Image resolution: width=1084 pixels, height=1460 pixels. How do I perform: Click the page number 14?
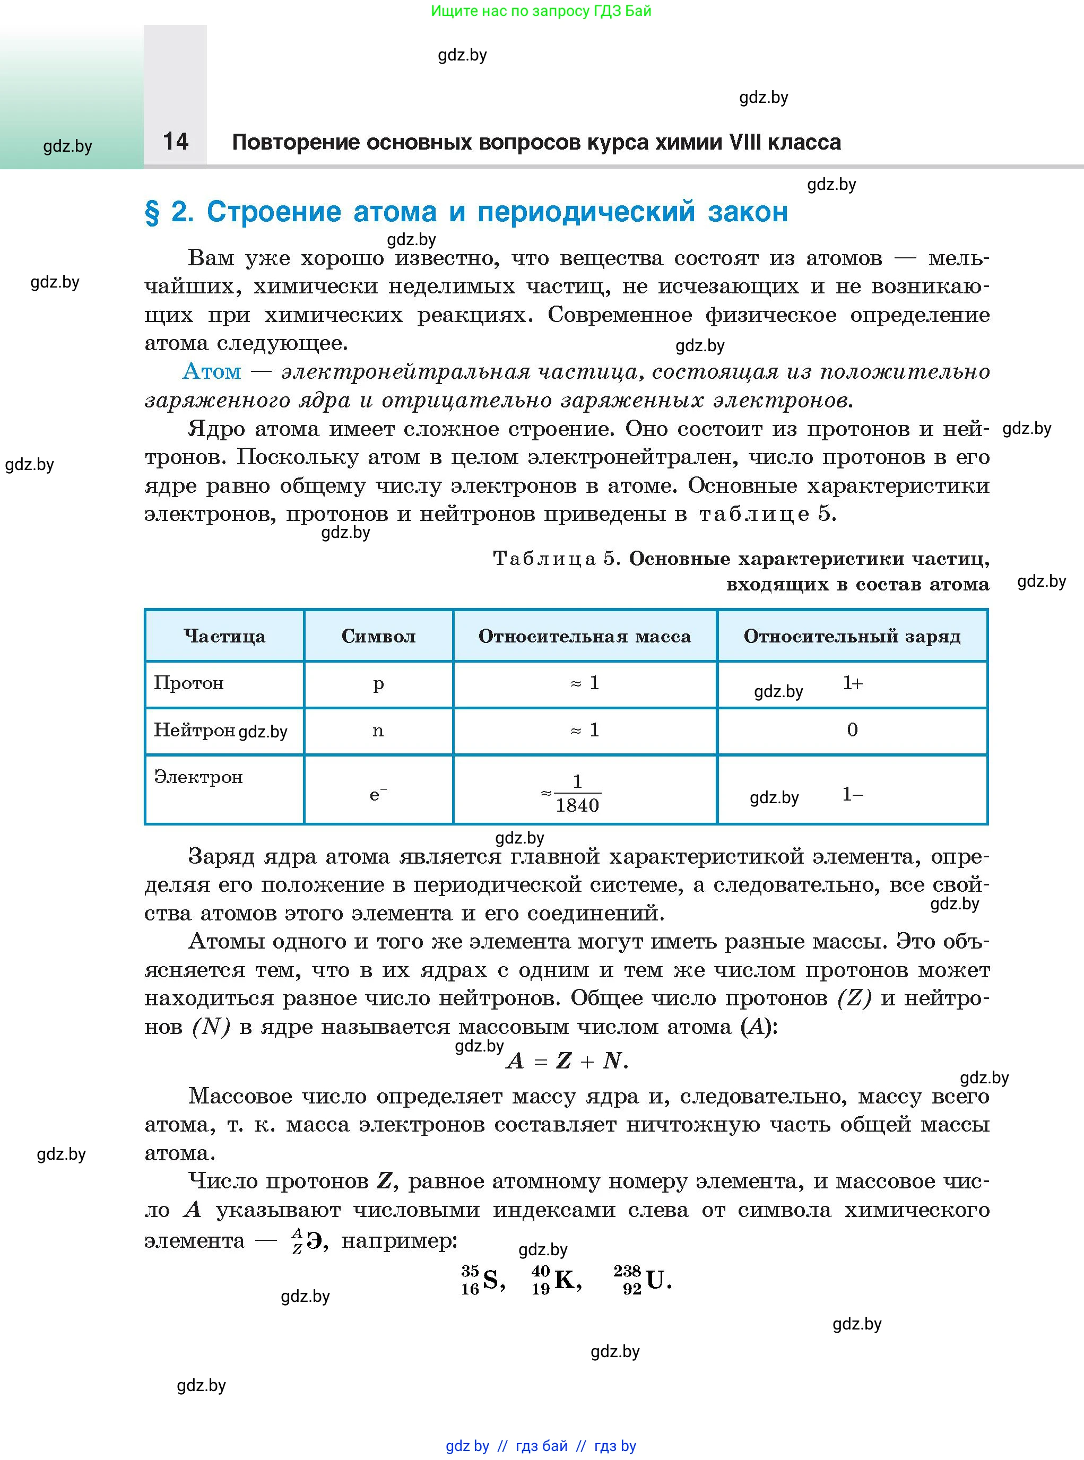tap(175, 141)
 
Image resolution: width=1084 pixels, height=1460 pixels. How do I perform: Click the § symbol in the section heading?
tap(152, 213)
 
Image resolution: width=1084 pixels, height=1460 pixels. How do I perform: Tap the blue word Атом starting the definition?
tap(211, 371)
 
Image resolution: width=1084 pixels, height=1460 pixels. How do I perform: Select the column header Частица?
tap(224, 636)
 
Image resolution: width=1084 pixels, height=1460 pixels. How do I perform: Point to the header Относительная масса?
tap(584, 636)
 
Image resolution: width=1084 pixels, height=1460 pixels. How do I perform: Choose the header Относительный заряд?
tap(852, 636)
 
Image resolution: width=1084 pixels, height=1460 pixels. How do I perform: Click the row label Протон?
tap(189, 683)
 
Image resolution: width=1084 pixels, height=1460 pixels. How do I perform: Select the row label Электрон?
tap(198, 777)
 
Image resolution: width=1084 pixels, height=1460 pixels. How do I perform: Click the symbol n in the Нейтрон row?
tap(378, 731)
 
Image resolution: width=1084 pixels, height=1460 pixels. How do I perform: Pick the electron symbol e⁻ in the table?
tap(377, 795)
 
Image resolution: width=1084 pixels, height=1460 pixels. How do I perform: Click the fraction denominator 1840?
tap(577, 806)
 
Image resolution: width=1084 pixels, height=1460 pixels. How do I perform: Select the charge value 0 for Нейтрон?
tap(852, 729)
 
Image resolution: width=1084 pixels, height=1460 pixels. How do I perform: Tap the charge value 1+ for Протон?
tap(852, 683)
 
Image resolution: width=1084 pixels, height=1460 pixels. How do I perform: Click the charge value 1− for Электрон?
tap(852, 795)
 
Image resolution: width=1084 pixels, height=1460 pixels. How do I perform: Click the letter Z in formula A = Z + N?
tap(563, 1061)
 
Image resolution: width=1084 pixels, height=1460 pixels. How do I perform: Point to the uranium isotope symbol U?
tap(655, 1280)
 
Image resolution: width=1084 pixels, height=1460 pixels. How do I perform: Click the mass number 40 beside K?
tap(540, 1271)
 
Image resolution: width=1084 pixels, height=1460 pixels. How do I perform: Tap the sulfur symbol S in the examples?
tap(490, 1280)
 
